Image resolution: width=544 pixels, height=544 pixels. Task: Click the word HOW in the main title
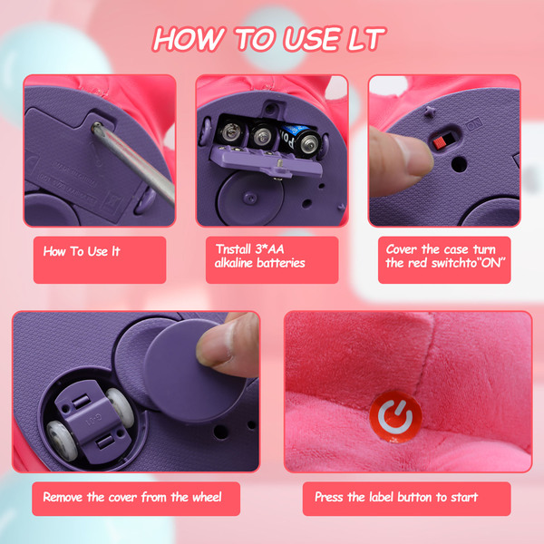tap(188, 38)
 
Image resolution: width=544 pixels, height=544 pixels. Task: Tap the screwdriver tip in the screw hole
tap(97, 127)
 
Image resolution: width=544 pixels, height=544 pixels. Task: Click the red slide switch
tap(439, 142)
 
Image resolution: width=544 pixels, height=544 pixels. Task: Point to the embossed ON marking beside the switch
tap(474, 124)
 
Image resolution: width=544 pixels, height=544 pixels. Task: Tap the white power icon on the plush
tap(395, 417)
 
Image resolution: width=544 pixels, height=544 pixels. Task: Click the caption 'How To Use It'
tap(82, 251)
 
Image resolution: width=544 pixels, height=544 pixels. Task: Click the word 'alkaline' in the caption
tap(233, 263)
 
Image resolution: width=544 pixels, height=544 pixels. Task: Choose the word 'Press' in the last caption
tap(329, 497)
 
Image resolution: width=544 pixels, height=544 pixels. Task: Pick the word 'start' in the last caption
tap(464, 497)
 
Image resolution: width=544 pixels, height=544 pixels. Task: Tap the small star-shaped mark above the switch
tap(430, 111)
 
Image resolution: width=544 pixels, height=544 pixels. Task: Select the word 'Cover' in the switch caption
tap(402, 249)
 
